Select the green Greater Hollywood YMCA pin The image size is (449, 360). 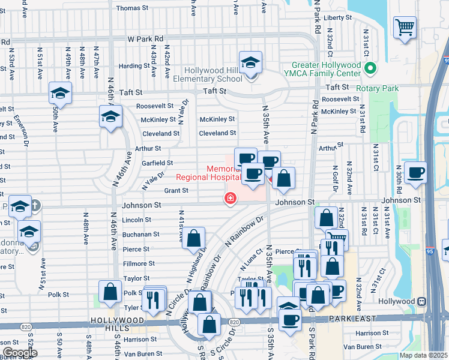[370, 69]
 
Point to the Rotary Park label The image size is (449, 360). [377, 88]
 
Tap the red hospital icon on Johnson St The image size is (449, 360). [230, 199]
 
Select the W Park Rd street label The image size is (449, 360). [145, 38]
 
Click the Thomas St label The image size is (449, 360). [132, 8]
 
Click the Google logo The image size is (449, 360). [20, 353]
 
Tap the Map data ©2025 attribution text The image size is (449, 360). [423, 355]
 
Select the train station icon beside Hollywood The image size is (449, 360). [422, 301]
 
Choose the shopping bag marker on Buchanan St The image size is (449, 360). [194, 238]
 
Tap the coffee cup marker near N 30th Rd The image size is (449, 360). [415, 173]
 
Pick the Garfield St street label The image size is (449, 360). [157, 163]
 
